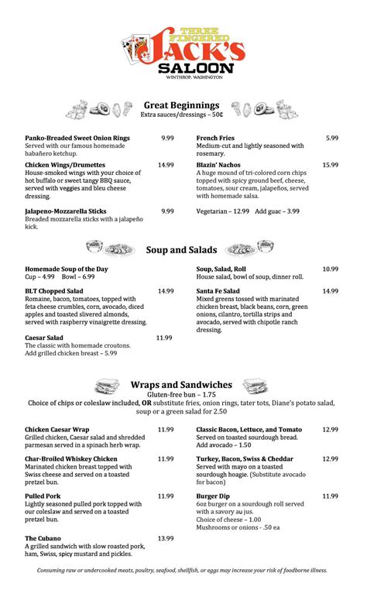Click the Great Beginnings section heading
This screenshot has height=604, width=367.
(x=182, y=105)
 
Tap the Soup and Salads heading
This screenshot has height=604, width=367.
(x=182, y=249)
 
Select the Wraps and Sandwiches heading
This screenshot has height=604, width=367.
(x=181, y=384)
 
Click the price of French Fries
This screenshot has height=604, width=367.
(x=331, y=138)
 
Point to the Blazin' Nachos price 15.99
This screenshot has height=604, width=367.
(x=331, y=165)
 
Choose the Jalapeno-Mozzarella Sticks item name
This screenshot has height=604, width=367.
(x=66, y=211)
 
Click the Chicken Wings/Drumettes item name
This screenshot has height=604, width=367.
(x=66, y=165)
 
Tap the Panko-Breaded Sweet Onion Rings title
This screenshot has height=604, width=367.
(x=77, y=138)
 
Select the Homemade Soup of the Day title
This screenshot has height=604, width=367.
(x=67, y=269)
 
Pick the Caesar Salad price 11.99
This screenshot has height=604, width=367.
(x=164, y=338)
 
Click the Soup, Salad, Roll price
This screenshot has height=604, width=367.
(x=331, y=269)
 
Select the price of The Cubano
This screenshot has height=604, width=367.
(x=166, y=538)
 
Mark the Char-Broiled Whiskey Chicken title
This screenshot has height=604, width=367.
(x=71, y=458)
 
